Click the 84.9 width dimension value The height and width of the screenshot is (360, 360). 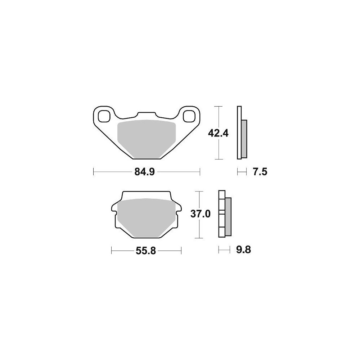(x=145, y=171)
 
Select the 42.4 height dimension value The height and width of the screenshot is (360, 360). (x=218, y=133)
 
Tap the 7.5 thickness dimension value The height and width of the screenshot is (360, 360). (x=260, y=172)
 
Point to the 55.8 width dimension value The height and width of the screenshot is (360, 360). (x=146, y=251)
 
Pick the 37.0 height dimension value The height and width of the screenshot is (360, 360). (x=201, y=214)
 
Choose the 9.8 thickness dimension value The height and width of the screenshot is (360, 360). (x=244, y=249)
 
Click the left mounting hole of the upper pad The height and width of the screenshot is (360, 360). (x=104, y=116)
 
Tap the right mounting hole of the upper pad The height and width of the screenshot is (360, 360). (x=189, y=116)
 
